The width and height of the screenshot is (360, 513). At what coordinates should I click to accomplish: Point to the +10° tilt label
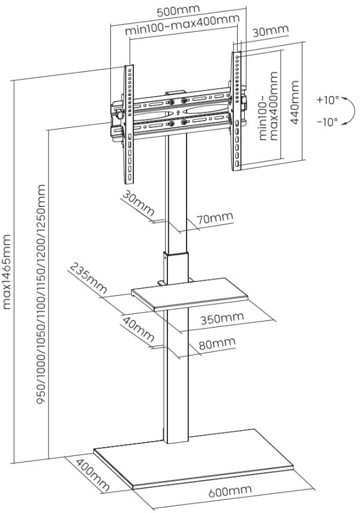[328, 99]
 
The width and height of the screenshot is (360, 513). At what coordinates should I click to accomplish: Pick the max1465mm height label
[8, 271]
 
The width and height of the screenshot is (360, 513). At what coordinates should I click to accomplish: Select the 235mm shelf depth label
[88, 280]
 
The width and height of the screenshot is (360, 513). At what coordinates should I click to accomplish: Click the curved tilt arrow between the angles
[344, 110]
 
